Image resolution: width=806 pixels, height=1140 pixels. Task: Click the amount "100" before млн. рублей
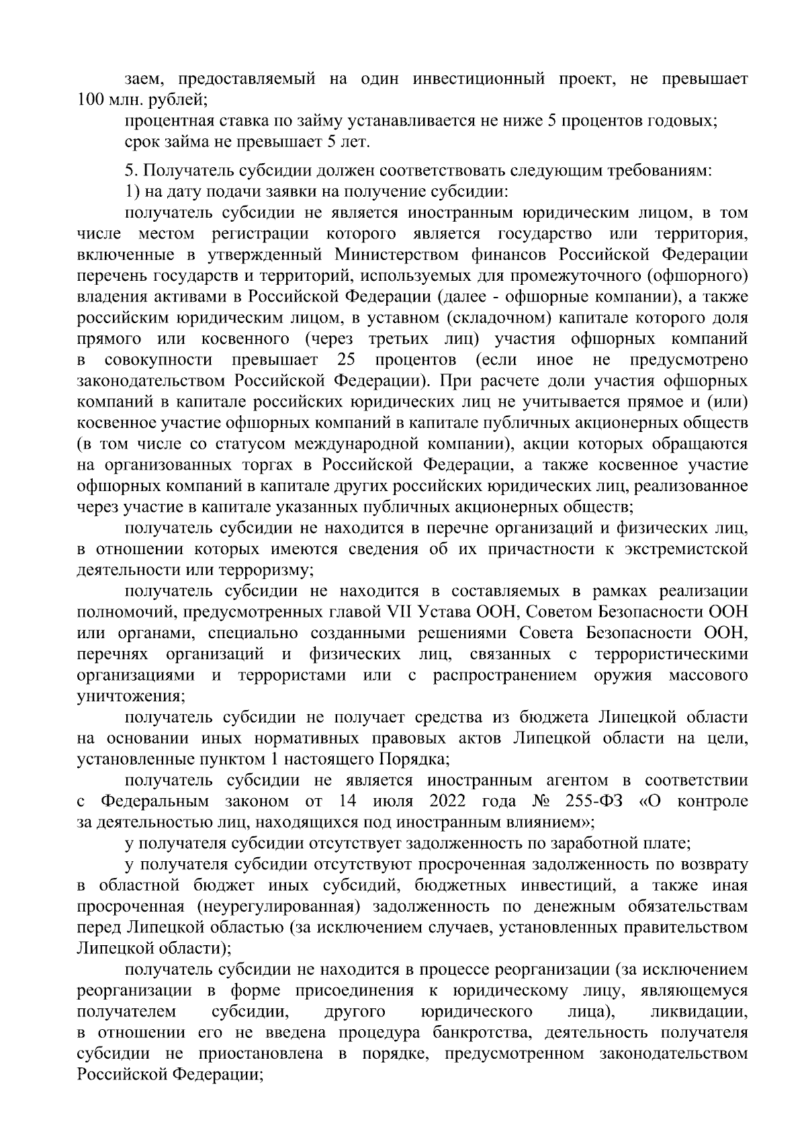tap(92, 100)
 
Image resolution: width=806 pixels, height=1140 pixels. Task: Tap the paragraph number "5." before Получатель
tap(132, 171)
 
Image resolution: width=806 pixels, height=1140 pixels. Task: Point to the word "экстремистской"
tap(686, 550)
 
